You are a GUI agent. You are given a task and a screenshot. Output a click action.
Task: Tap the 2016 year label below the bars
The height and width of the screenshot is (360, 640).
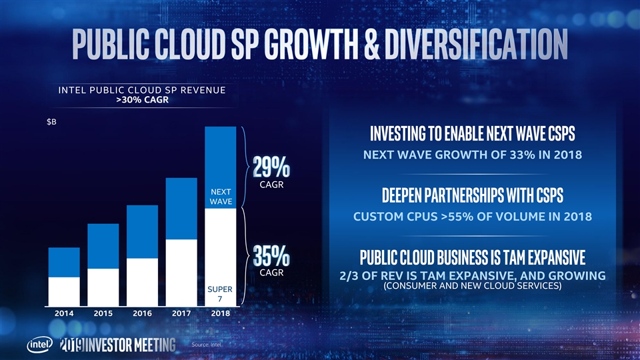tap(142, 312)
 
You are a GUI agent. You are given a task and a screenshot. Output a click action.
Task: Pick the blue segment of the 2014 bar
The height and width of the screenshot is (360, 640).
tap(65, 262)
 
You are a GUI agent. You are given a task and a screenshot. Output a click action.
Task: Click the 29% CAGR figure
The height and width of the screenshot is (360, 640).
tap(271, 167)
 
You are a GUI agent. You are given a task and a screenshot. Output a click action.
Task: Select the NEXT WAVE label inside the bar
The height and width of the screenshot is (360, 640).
tap(220, 197)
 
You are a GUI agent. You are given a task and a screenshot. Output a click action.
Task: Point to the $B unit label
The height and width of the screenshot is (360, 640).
tap(51, 123)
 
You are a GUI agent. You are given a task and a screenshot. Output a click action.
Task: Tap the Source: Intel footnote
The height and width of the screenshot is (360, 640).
tap(205, 345)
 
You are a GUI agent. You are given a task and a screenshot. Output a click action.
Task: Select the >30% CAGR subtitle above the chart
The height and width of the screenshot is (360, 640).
tap(141, 100)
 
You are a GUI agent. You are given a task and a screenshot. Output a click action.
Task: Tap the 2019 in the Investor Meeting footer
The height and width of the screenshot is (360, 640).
tap(70, 345)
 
